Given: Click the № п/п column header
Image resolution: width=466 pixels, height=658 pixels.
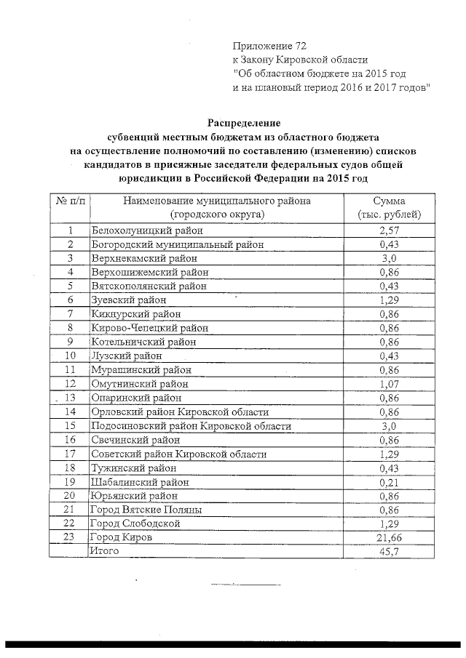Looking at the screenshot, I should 70,201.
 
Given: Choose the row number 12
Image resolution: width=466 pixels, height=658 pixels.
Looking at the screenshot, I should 71,383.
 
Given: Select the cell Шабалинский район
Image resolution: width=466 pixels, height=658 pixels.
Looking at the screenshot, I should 138,481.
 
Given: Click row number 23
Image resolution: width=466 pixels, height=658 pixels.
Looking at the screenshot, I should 71,537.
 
